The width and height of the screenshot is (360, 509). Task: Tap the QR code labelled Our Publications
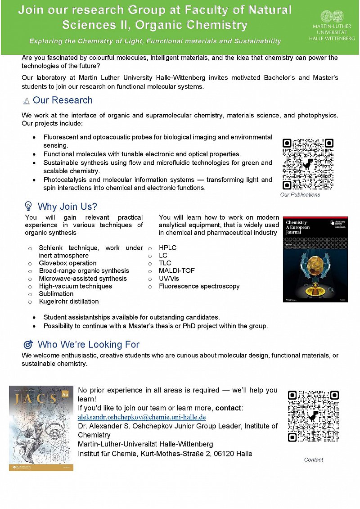click(308, 164)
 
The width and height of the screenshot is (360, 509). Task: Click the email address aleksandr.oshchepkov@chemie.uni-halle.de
click(142, 417)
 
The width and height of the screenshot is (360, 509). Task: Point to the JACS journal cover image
click(41, 428)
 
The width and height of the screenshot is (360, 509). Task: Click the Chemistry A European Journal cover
click(309, 259)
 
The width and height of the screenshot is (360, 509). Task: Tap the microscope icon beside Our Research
click(27, 100)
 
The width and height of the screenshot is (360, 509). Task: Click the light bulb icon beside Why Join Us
click(28, 207)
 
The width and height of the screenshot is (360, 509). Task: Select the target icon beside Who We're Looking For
click(28, 345)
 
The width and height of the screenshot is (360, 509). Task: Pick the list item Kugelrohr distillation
click(69, 302)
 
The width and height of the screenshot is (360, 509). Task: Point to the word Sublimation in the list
click(56, 294)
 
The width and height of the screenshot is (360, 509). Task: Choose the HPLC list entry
click(167, 248)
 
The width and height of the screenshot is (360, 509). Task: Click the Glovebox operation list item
click(67, 263)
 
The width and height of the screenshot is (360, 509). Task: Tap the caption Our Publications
click(300, 195)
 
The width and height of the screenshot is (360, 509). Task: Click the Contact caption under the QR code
click(314, 459)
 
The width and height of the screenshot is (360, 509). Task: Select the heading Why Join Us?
click(67, 207)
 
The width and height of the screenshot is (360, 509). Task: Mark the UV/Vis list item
click(169, 279)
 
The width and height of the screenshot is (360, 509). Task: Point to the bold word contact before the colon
click(229, 408)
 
